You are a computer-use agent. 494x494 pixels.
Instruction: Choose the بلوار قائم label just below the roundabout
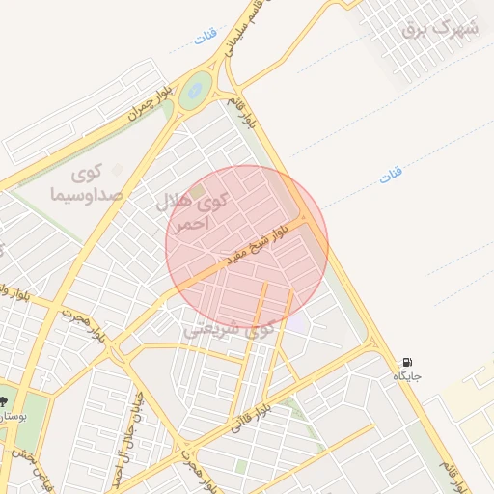tap(239, 113)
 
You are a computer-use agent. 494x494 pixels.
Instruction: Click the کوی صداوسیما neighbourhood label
tap(86, 183)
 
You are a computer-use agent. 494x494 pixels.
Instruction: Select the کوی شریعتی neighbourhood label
tap(229, 329)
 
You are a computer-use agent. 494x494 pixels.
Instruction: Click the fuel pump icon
tap(407, 362)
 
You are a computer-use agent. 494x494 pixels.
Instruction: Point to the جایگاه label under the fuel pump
tap(406, 376)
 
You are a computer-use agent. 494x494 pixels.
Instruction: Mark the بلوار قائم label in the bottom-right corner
tap(468, 473)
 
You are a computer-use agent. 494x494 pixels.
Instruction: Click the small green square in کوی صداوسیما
tap(118, 170)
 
